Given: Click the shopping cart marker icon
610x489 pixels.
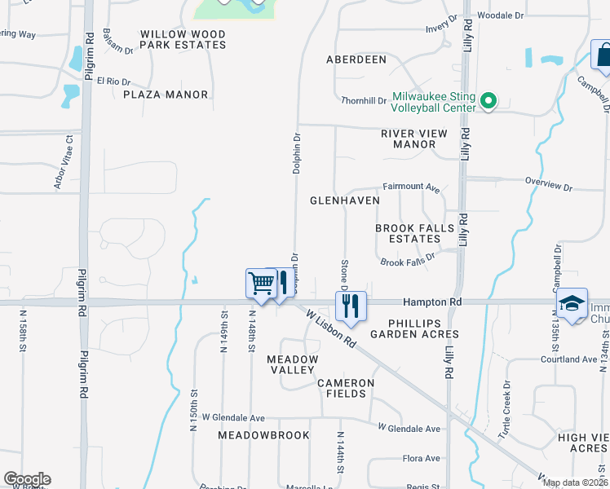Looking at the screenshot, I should click(260, 284).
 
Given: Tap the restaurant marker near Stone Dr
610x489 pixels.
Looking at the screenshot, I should click(351, 306).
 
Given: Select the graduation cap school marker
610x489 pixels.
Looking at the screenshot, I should click(572, 303).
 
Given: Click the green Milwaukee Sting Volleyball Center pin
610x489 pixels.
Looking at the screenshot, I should click(488, 101).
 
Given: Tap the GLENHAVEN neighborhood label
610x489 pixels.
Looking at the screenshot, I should click(345, 200).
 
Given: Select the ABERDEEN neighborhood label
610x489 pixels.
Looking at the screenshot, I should click(356, 59).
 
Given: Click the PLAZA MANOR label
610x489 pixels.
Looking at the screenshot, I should click(166, 95).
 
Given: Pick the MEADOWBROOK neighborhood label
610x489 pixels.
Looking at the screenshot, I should click(263, 435).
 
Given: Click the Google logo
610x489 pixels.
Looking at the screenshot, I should click(27, 479).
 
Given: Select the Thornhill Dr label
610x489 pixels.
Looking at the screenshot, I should click(364, 100).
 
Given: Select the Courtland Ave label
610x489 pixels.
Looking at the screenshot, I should click(569, 359).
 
